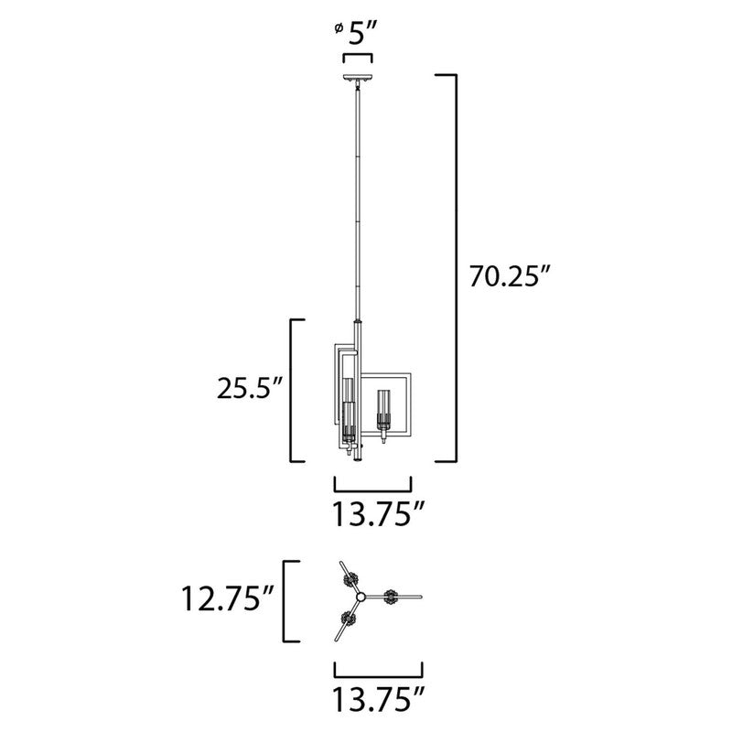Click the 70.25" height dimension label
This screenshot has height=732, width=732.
(x=511, y=277)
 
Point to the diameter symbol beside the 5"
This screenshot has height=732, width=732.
(x=339, y=31)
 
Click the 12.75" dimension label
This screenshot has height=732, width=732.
(x=228, y=601)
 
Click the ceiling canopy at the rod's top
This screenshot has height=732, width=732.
(x=357, y=79)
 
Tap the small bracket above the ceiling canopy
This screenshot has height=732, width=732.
(x=357, y=57)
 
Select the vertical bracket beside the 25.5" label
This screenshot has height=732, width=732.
(x=293, y=390)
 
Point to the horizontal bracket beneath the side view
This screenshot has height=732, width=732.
(x=372, y=485)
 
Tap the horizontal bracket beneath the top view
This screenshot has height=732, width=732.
(x=378, y=670)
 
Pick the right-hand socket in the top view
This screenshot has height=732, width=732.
(x=393, y=598)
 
